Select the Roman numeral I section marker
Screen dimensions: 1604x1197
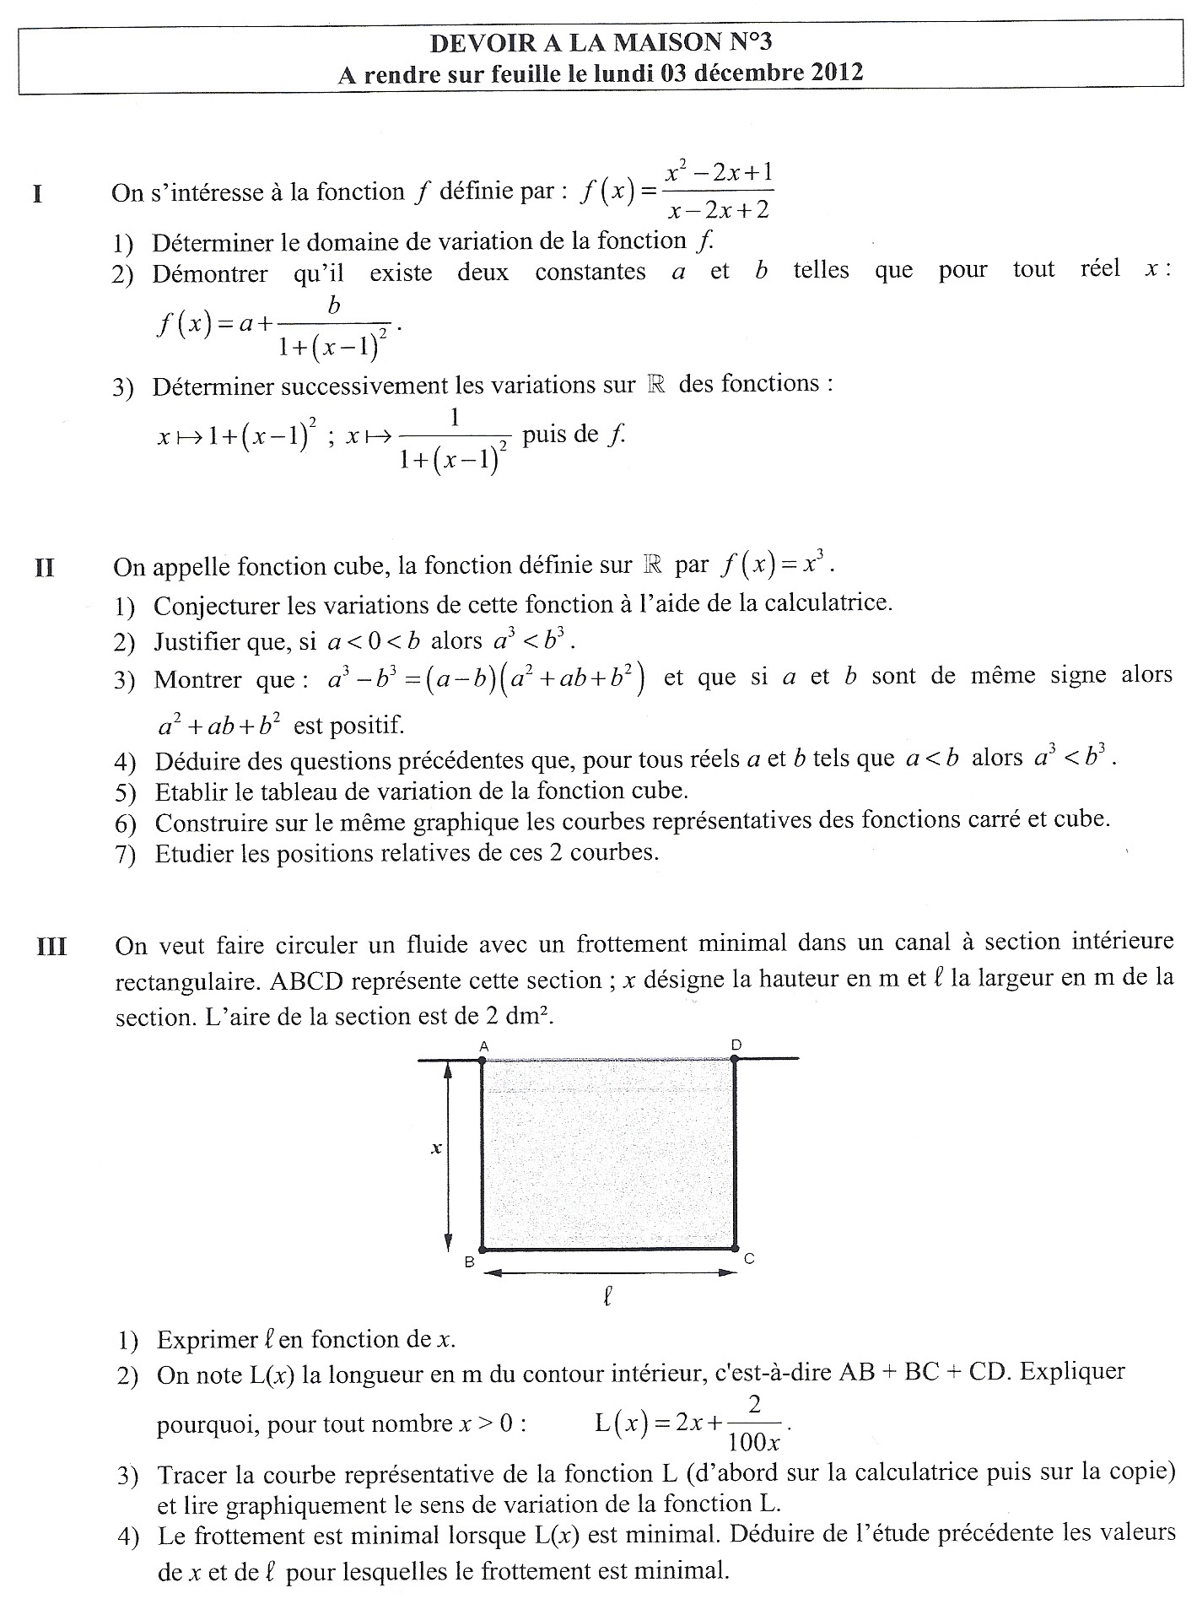[37, 194]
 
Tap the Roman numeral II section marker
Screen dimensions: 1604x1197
[44, 567]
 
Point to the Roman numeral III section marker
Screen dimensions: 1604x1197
[51, 947]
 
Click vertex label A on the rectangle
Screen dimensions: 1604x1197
[484, 1046]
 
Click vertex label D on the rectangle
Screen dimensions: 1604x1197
[736, 1045]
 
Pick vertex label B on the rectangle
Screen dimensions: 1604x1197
[469, 1262]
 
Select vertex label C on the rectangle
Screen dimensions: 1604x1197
[749, 1259]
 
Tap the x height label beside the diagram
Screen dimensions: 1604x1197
[437, 1148]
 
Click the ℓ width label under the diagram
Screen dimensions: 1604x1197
[607, 1296]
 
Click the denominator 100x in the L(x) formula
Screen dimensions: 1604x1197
[753, 1440]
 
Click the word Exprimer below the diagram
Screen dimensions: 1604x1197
[208, 1340]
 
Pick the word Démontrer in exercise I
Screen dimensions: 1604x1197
[210, 274]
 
